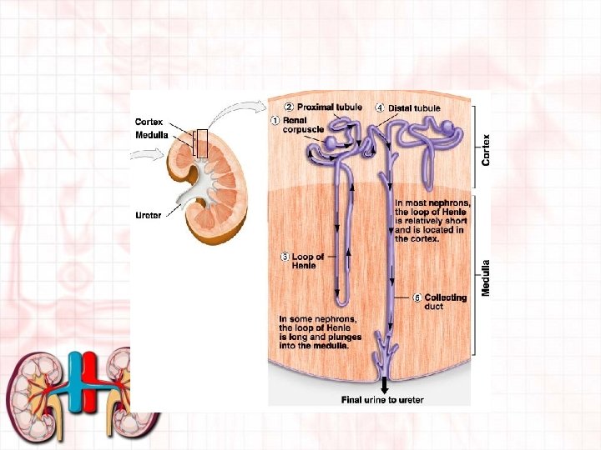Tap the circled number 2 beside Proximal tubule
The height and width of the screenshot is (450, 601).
289,107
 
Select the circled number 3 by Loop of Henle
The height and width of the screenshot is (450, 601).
285,256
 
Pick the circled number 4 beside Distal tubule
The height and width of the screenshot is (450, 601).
380,107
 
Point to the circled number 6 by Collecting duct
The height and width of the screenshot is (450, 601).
417,297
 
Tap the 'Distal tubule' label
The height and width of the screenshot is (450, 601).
415,107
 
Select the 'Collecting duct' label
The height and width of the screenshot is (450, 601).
445,302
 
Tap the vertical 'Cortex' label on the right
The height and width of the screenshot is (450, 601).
487,150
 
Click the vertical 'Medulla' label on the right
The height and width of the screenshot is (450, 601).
486,278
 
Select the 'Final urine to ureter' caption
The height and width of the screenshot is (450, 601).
382,400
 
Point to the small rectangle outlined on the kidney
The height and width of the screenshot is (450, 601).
200,143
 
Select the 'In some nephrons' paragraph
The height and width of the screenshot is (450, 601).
318,332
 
